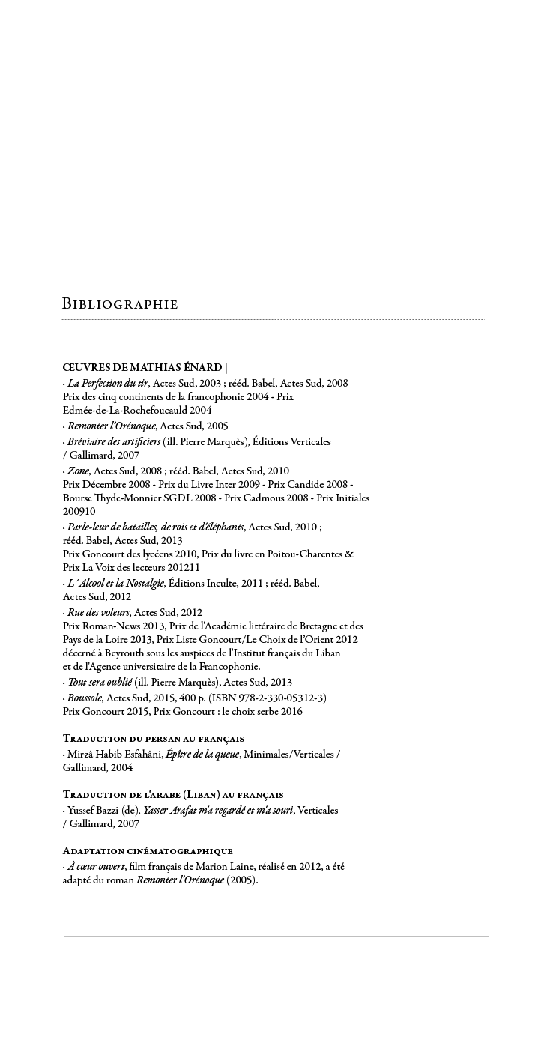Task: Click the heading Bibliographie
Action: coord(120,304)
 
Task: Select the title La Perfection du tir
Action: coord(108,384)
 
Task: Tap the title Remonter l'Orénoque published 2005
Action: coord(112,426)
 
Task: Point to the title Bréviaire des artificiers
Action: coord(114,442)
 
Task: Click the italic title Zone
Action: coord(78,471)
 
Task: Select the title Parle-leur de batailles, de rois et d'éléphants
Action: coord(155,527)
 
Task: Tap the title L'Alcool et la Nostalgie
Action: coord(115,584)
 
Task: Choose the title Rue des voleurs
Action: coord(99,613)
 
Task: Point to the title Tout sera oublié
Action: coord(100,683)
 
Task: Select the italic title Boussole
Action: coord(85,698)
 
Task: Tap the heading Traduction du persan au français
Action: coord(154,739)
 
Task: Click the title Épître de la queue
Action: coord(202,755)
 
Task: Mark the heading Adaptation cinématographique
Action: coord(148,851)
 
